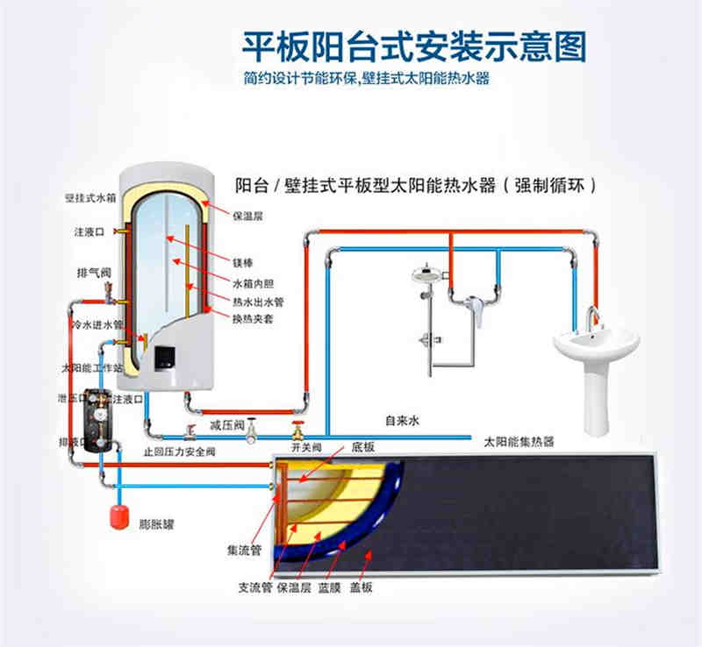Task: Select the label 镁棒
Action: coord(241,261)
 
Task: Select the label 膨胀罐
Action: coord(156,523)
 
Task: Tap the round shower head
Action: coord(428,274)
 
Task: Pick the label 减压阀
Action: coord(226,424)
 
